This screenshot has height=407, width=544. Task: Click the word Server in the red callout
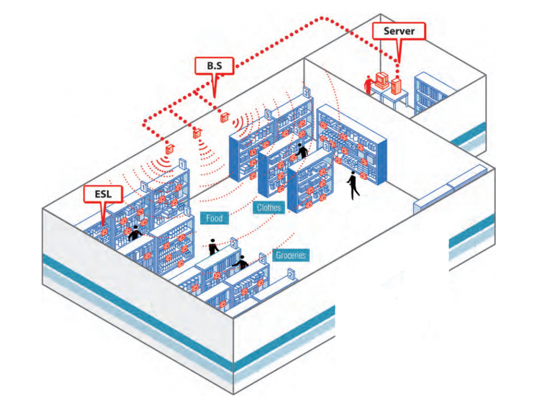tap(398, 31)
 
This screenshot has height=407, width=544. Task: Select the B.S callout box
tap(213, 66)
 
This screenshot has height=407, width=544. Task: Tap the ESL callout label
tap(103, 195)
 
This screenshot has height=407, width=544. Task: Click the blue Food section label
tap(214, 218)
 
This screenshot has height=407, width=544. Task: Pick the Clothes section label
tap(269, 207)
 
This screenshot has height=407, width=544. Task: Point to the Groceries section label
tap(291, 256)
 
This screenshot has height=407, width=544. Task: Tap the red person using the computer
tap(368, 85)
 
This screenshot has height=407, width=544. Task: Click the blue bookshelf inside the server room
tap(430, 93)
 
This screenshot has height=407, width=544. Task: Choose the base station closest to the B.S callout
tap(224, 116)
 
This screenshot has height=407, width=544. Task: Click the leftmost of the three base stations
tap(170, 149)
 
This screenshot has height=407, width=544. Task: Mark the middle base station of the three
tap(197, 133)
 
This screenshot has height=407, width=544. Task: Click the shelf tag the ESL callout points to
tap(104, 232)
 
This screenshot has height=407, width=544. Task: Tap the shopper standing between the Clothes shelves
tap(302, 151)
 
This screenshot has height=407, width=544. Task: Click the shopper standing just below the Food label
tap(214, 246)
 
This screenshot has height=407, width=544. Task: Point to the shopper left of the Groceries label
tap(242, 262)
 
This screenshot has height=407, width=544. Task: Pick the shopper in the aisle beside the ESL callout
tap(135, 232)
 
